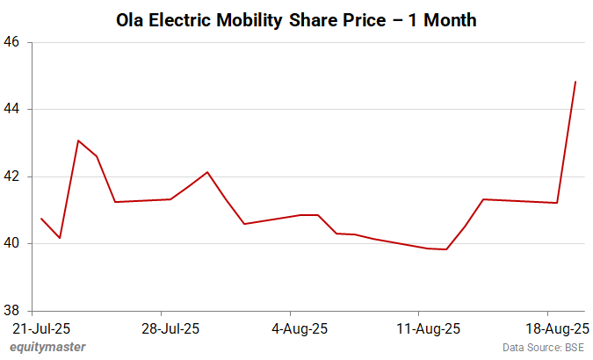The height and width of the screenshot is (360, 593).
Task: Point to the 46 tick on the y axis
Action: [15, 42]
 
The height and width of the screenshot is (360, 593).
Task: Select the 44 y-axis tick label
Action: [15, 110]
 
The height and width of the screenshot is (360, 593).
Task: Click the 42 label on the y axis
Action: [15, 176]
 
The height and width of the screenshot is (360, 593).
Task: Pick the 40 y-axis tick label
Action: [15, 244]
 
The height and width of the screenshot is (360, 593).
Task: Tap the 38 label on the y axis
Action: [15, 311]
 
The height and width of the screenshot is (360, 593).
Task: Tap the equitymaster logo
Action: [48, 348]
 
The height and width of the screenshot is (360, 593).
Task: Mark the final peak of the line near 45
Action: [575, 82]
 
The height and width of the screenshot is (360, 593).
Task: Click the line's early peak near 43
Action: [78, 140]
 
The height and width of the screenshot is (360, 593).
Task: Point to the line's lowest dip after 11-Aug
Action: [447, 249]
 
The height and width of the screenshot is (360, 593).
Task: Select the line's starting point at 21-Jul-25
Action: [41, 219]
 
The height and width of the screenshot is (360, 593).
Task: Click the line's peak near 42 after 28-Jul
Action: [207, 172]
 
